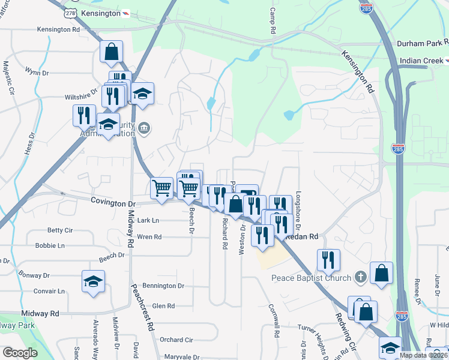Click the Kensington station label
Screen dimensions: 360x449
100,13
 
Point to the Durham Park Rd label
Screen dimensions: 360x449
422,43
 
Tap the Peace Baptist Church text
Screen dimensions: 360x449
310,277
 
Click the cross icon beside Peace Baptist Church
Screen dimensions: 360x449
360,277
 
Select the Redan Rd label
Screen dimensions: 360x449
303,238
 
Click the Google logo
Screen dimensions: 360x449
20,353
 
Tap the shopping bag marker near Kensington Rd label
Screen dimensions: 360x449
112,52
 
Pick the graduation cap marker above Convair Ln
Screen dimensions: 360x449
93,282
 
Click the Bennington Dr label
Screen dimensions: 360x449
164,286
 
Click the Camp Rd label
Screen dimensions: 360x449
273,20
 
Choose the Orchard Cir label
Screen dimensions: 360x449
176,340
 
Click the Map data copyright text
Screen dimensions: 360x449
424,355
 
